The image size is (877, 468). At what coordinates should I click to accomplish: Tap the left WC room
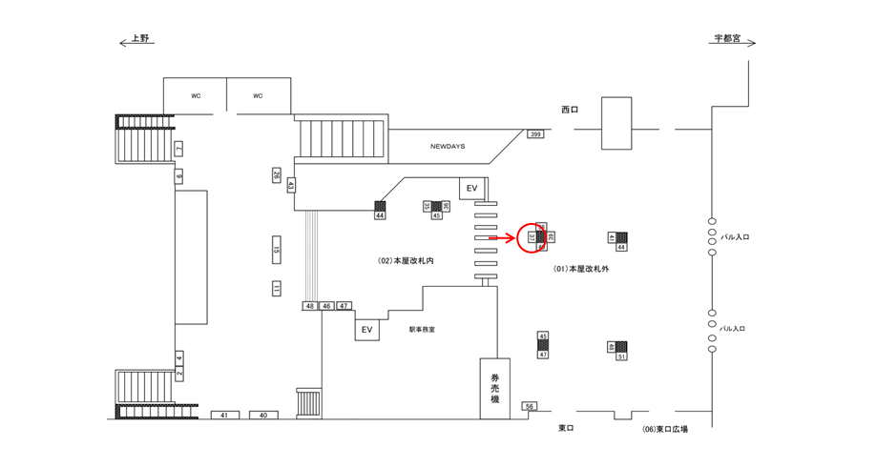[x=195, y=95]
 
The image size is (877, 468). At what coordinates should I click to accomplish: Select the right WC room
[x=258, y=95]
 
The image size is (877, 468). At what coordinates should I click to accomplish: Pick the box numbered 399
[x=535, y=135]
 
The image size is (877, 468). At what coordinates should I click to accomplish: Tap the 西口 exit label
[x=570, y=110]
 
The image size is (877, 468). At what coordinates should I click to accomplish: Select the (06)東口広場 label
[x=665, y=429]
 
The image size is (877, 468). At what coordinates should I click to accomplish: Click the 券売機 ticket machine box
[x=494, y=388]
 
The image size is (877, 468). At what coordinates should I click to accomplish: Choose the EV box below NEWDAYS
[x=471, y=189]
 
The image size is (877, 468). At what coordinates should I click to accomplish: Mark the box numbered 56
[x=531, y=407]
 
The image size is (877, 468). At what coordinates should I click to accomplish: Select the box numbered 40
[x=263, y=416]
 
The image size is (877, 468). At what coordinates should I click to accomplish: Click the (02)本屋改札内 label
[x=407, y=260]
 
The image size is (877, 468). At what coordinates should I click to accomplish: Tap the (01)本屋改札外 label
[x=581, y=270]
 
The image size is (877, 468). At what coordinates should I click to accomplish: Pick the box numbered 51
[x=621, y=356]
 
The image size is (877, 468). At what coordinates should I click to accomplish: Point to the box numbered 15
[x=277, y=251]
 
